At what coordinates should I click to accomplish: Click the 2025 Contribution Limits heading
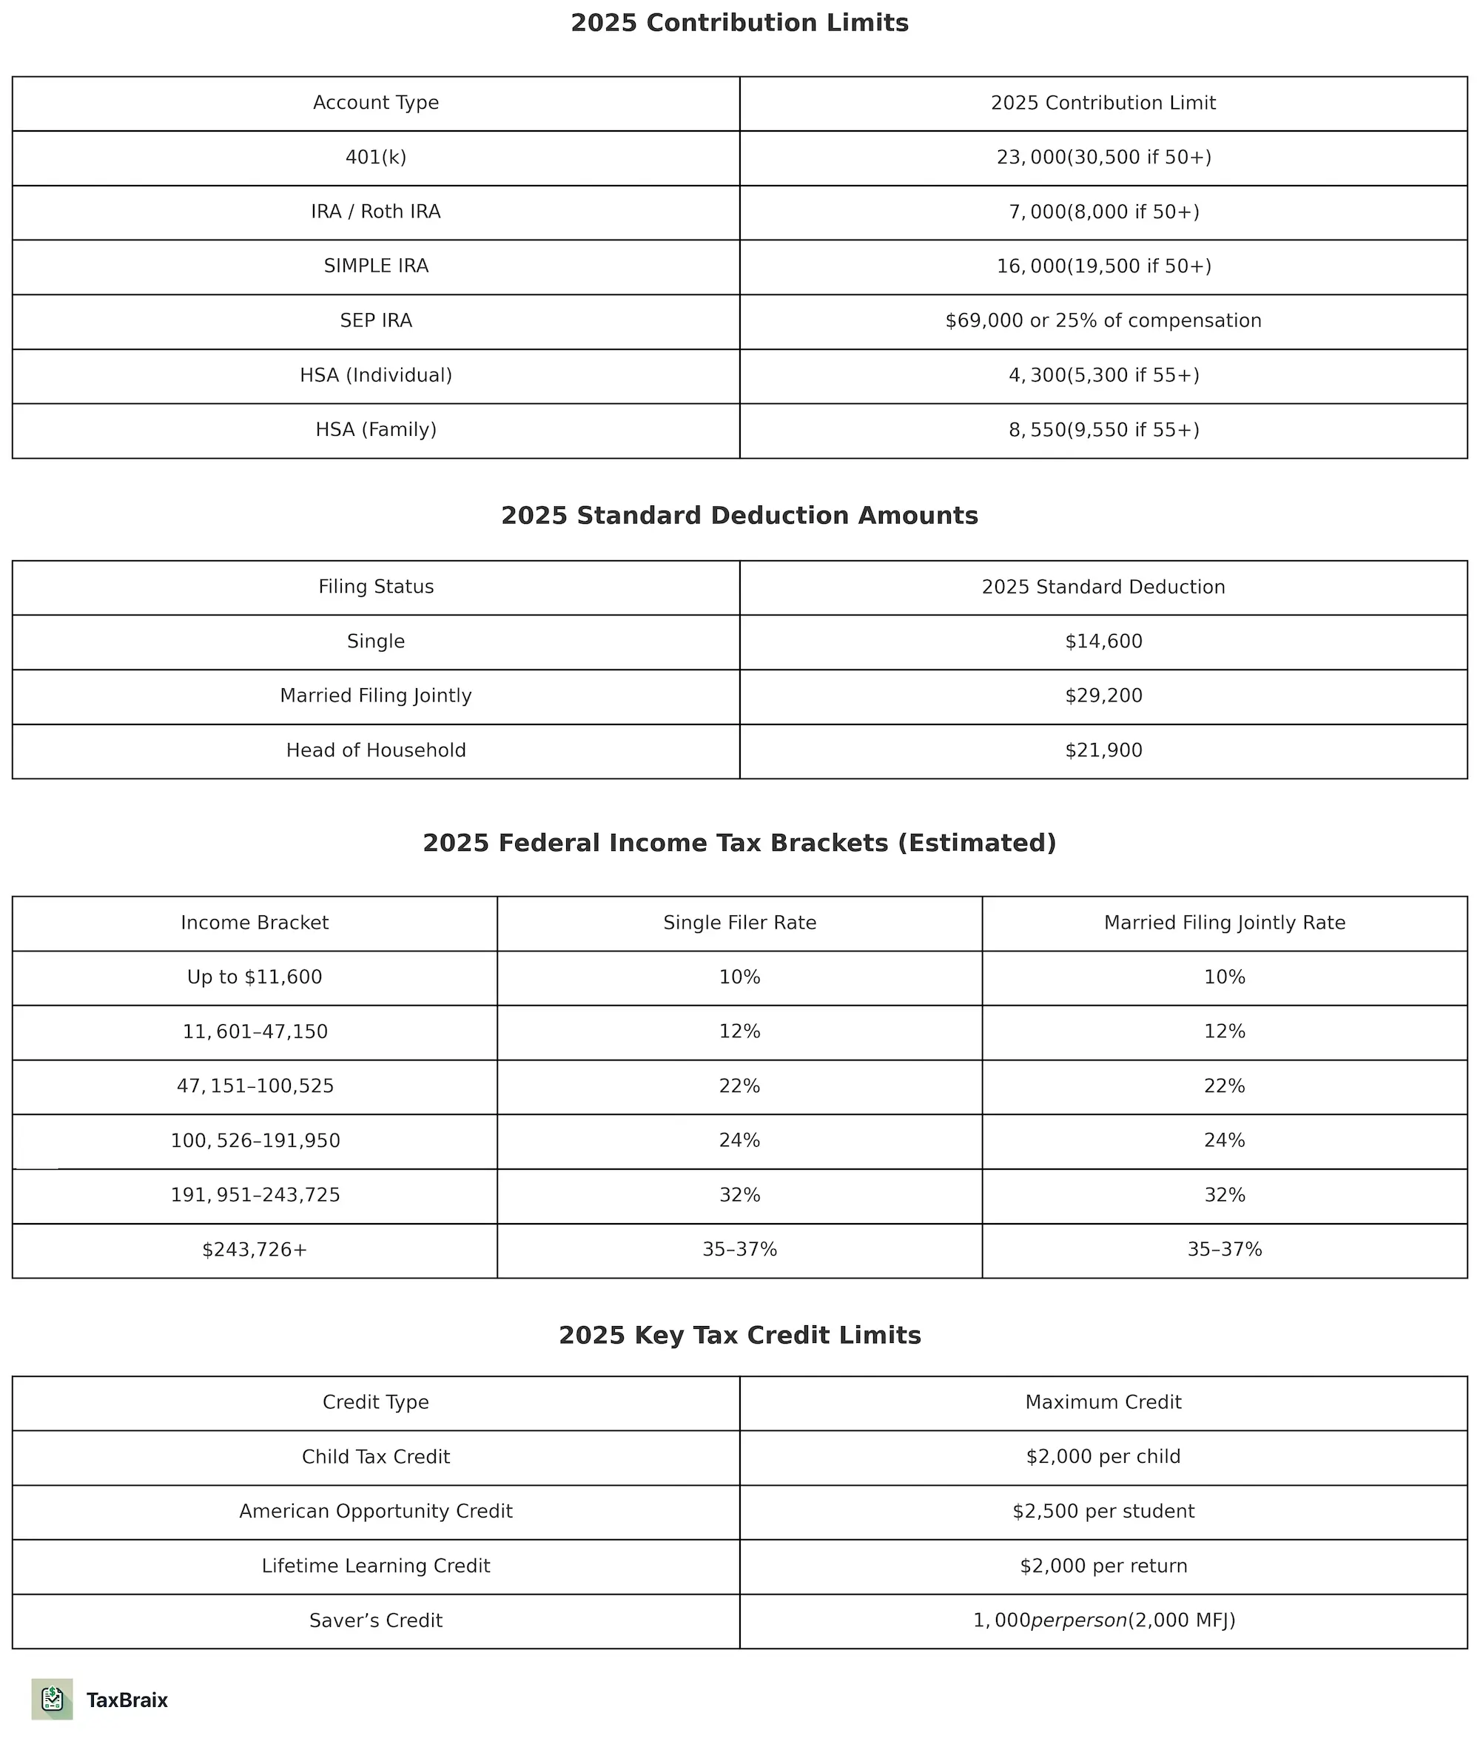tap(739, 23)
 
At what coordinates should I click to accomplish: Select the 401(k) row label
tap(376, 158)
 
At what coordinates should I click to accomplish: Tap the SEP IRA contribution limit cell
tap(1103, 321)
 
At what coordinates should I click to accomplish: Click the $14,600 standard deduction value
tap(1103, 642)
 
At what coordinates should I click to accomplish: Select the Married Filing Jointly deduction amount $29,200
tap(1103, 696)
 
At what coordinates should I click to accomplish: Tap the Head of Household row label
tap(376, 751)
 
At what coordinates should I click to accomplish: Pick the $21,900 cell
tap(1103, 751)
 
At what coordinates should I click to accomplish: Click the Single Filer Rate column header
tap(739, 923)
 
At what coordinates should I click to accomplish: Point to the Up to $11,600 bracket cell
tap(255, 978)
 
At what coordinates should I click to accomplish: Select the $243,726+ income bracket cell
tap(255, 1250)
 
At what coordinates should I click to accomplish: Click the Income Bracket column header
tap(255, 923)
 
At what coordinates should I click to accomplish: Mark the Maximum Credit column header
tap(1103, 1403)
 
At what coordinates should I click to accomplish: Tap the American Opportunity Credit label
tap(376, 1512)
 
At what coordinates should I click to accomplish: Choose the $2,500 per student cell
tap(1103, 1512)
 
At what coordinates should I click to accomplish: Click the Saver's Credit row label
tap(376, 1620)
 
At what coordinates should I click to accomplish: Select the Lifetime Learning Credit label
tap(376, 1566)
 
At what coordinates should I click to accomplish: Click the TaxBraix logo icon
tap(52, 1700)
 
